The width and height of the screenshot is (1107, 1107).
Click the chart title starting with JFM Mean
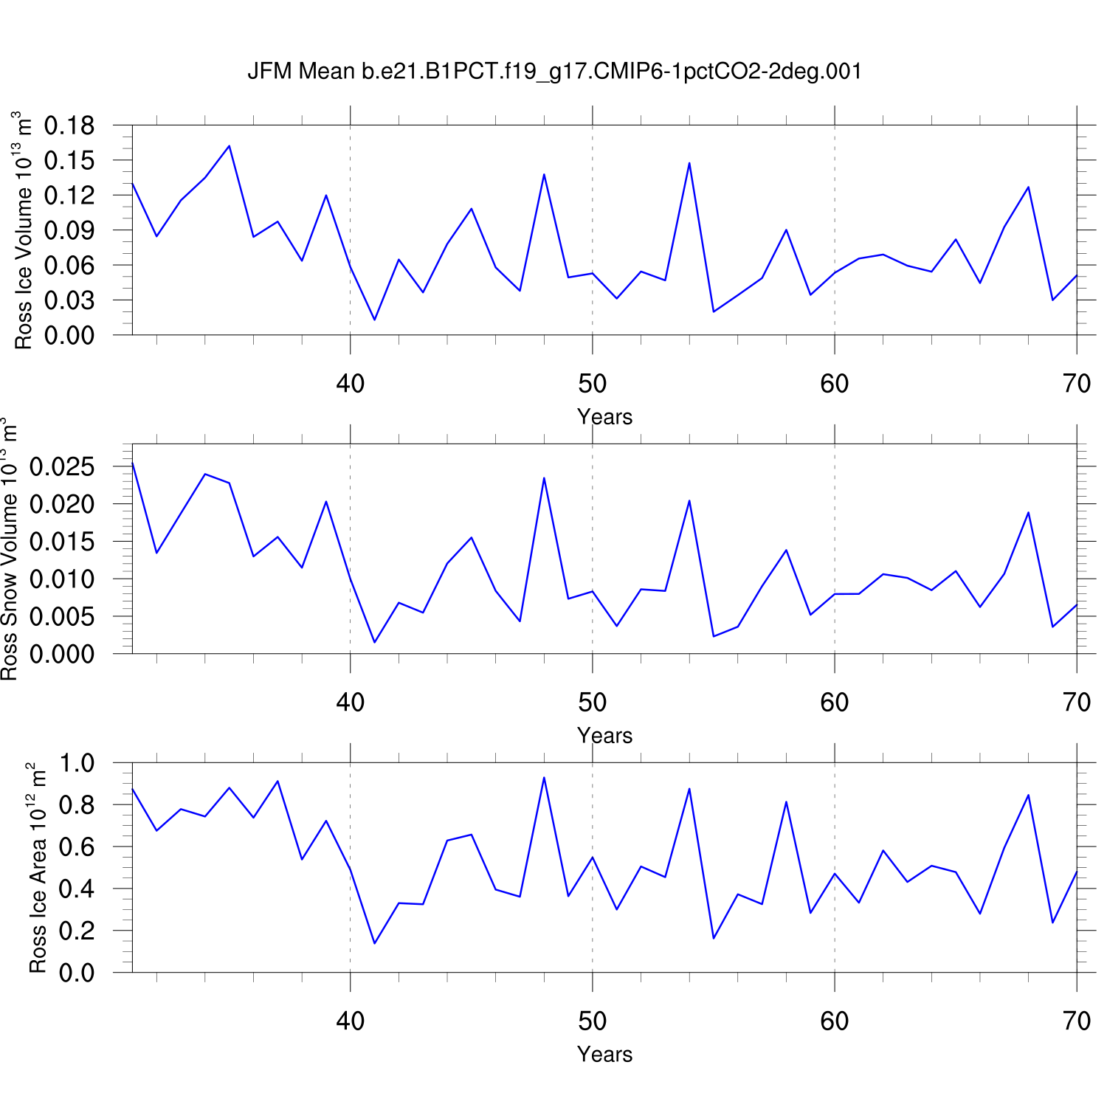[x=554, y=72]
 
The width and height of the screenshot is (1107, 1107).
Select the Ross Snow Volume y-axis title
[x=9, y=550]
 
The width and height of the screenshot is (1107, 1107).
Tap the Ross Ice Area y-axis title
[x=37, y=868]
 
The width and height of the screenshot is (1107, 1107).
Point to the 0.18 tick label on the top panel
[x=69, y=126]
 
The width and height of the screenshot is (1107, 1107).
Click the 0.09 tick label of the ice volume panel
[x=69, y=231]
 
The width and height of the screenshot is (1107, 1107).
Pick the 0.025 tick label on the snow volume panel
[x=63, y=467]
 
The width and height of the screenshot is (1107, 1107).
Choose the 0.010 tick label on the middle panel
[x=63, y=579]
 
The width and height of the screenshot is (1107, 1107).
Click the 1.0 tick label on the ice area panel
[x=77, y=763]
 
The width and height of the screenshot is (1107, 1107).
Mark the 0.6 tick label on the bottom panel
[x=77, y=847]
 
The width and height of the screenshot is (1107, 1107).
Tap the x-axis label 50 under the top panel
[x=592, y=384]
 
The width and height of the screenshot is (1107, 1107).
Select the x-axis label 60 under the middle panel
[x=834, y=703]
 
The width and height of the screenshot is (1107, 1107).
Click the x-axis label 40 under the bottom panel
[x=350, y=1021]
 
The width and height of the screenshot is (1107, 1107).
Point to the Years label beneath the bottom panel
[x=604, y=1055]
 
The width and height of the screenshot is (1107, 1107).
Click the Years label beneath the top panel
[x=604, y=417]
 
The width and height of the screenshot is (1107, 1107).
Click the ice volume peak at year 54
[x=689, y=163]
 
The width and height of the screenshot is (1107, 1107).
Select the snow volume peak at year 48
[x=544, y=478]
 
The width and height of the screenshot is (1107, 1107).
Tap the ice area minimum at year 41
[x=374, y=943]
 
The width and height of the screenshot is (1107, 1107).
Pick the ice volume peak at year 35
[x=230, y=146]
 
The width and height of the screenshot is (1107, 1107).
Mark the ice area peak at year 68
[x=1028, y=795]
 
